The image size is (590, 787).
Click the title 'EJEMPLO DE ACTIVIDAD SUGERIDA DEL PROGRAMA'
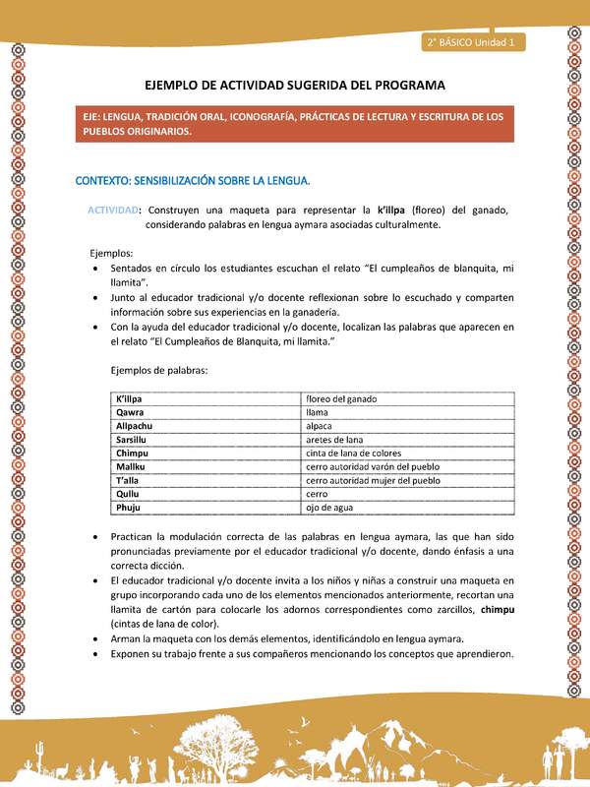pyautogui.click(x=295, y=86)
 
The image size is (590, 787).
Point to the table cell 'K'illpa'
pyautogui.click(x=131, y=398)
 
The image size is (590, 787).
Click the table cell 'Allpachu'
pyautogui.click(x=136, y=426)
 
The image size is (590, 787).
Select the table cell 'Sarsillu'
pyautogui.click(x=134, y=439)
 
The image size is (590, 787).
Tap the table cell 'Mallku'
pyautogui.click(x=132, y=466)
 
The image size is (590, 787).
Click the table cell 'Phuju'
pyautogui.click(x=130, y=507)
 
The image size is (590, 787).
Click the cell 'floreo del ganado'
pyautogui.click(x=341, y=398)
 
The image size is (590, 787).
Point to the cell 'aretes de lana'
pyautogui.click(x=334, y=439)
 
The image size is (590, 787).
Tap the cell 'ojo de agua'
pyautogui.click(x=328, y=507)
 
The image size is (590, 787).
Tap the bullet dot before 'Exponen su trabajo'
pyautogui.click(x=93, y=655)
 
